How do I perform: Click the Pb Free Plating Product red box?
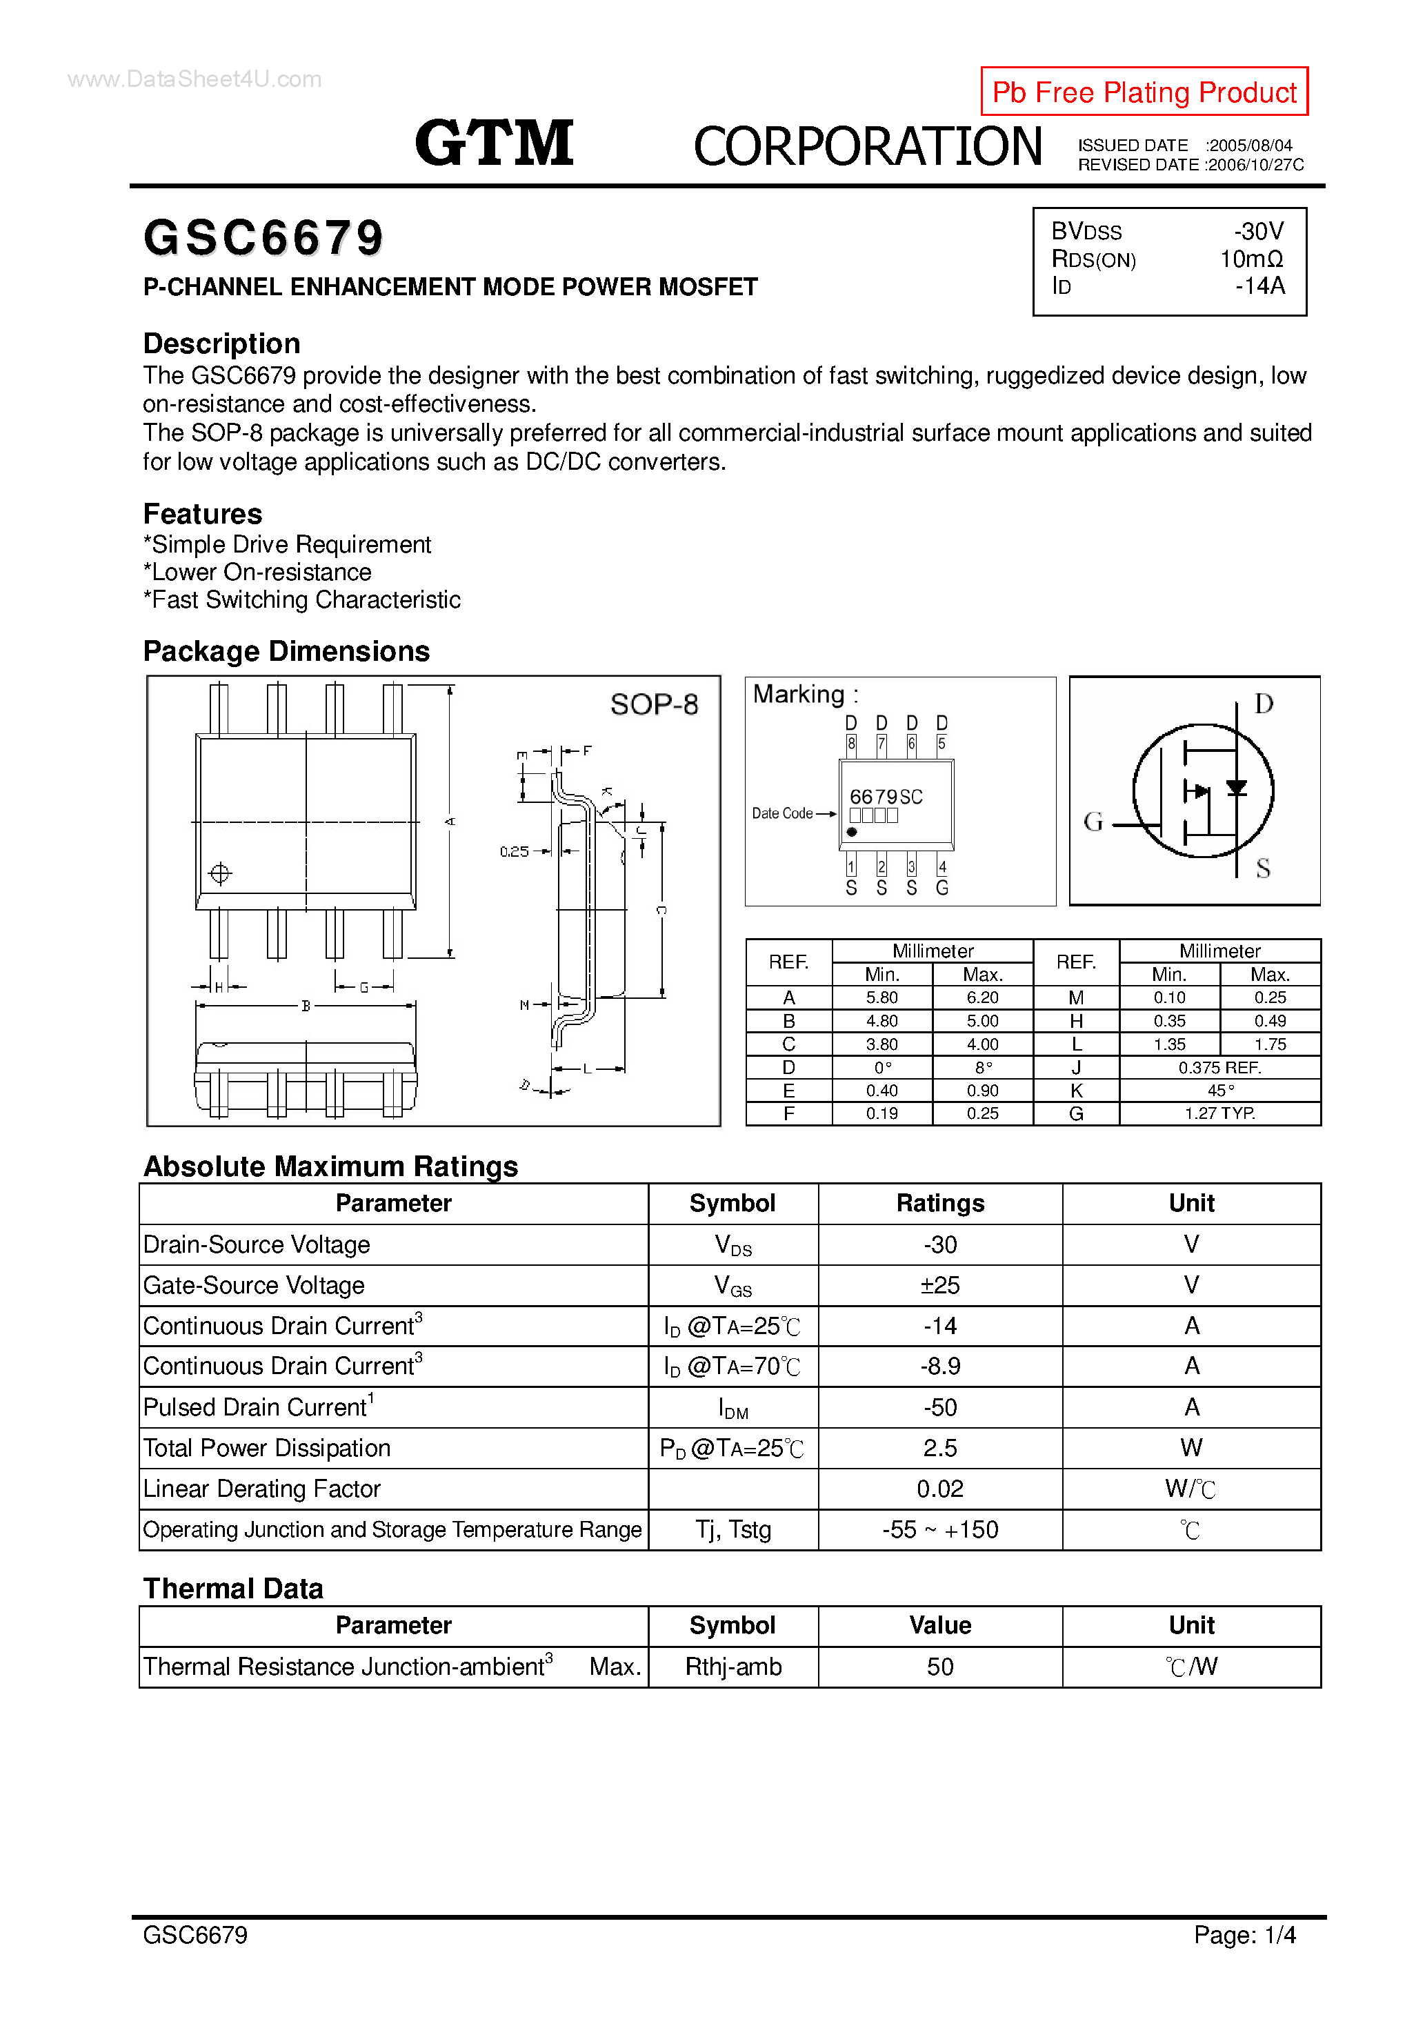click(1143, 91)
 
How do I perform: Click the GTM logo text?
click(495, 143)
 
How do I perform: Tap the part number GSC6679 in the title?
click(263, 238)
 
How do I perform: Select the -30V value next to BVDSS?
click(1258, 231)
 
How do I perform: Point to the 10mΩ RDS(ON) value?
click(1251, 259)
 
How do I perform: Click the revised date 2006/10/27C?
click(1255, 165)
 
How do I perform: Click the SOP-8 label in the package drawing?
click(654, 704)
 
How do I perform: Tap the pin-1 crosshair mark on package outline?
click(219, 873)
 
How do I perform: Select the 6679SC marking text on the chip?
click(886, 797)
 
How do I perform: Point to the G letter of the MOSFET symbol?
click(1093, 822)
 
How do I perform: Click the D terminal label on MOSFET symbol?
click(1264, 704)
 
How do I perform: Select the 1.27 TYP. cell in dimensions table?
click(1219, 1114)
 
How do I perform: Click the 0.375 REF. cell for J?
click(1219, 1067)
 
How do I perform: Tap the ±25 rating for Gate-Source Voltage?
click(940, 1285)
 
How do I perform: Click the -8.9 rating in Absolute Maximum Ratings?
click(940, 1366)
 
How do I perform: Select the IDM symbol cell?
click(733, 1408)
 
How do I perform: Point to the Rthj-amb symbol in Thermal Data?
click(733, 1667)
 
